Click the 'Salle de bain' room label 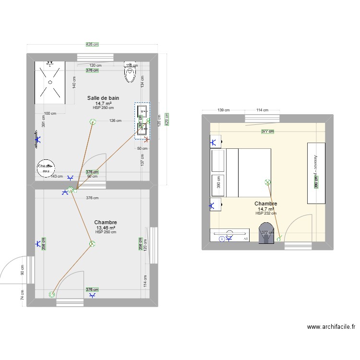[103, 98]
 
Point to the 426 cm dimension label [92, 45]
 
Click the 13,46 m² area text [106, 228]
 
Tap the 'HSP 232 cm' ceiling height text [266, 214]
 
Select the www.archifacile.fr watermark [331, 327]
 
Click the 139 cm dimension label [223, 110]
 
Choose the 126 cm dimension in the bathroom [115, 120]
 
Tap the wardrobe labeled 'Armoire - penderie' [316, 173]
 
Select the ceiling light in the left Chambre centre [92, 244]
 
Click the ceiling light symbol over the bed [267, 182]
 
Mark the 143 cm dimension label [57, 177]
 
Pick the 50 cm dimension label [142, 148]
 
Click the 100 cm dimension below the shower [50, 114]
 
